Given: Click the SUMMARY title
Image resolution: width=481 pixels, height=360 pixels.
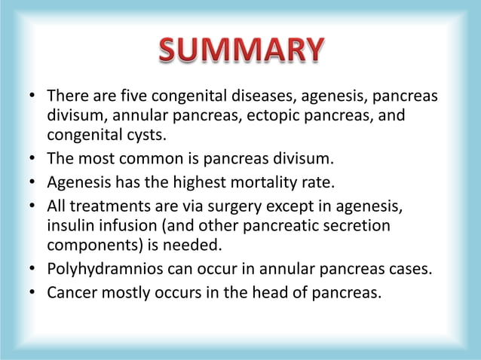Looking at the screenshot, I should [x=240, y=50].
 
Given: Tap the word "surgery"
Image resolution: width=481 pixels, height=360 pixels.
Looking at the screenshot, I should [x=248, y=207].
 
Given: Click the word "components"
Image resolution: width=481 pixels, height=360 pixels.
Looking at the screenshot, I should [x=90, y=246].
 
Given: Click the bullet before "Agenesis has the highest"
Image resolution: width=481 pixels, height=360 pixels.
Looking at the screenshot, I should [x=33, y=182].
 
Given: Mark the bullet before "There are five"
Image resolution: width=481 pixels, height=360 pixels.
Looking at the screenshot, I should [x=33, y=98].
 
